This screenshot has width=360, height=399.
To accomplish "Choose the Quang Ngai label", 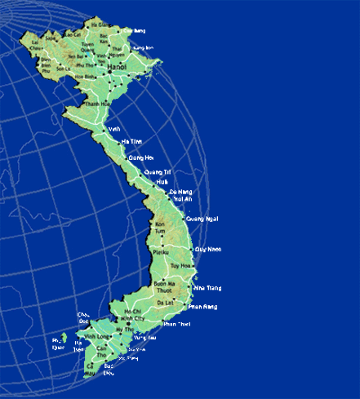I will click(202, 219).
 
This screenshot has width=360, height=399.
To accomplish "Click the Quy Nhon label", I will click(207, 249).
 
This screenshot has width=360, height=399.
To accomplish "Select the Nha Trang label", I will click(207, 288).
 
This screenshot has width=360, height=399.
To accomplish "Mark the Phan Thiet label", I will click(176, 324).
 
